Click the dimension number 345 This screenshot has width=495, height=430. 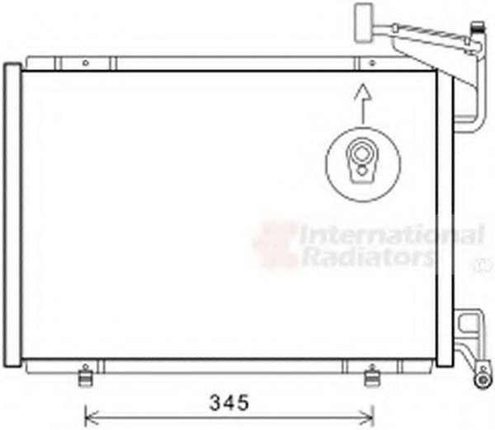[x=229, y=403]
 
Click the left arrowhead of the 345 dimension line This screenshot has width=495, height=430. [x=91, y=418]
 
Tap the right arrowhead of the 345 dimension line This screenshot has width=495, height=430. [x=367, y=418]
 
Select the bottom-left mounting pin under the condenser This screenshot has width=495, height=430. [x=85, y=376]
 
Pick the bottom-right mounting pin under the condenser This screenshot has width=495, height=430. [x=372, y=376]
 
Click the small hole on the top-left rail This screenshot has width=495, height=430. [x=86, y=64]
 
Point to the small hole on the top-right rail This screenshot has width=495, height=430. [x=372, y=64]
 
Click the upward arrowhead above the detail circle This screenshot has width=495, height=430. [x=363, y=92]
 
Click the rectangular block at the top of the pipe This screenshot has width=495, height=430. [x=364, y=22]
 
